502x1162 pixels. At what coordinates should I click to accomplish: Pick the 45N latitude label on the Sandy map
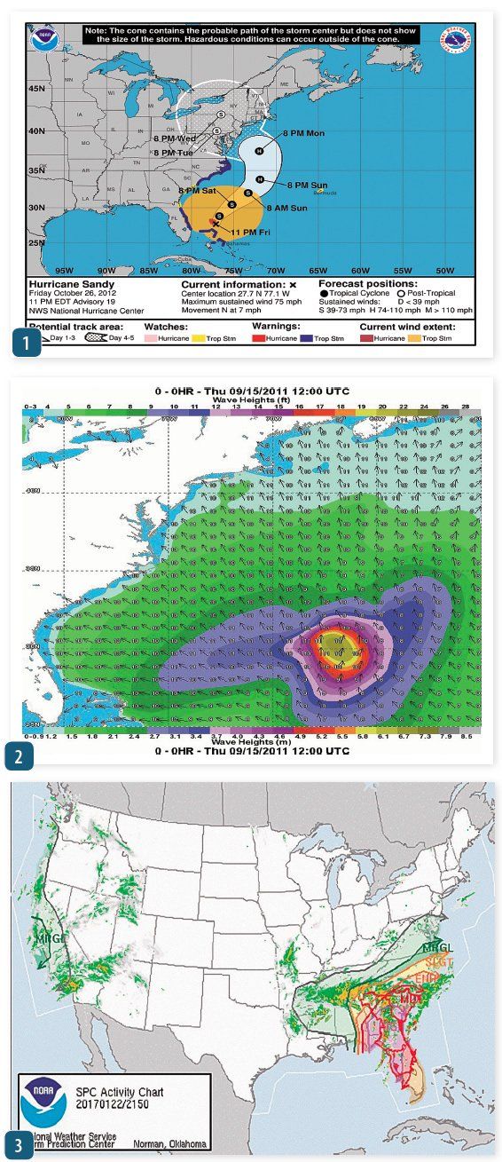pos(38,89)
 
